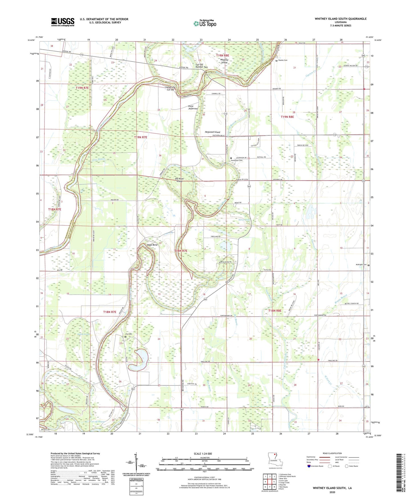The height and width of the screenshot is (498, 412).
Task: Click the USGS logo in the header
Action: [63, 22]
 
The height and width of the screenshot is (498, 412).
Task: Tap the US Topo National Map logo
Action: [205, 23]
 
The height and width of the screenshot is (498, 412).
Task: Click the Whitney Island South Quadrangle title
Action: [340, 19]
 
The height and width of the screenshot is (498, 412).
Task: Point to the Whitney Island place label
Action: [224, 61]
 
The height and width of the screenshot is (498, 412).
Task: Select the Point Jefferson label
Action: [193, 108]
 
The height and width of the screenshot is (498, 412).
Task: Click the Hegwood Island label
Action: [212, 132]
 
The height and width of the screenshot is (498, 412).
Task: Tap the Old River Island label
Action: [180, 180]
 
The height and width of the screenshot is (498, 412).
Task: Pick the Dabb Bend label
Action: [152, 245]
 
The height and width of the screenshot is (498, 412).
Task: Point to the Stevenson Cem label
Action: [237, 160]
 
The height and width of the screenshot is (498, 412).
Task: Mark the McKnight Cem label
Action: [361, 265]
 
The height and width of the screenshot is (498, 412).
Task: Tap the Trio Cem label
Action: [129, 334]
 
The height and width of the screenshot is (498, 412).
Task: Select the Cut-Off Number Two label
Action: [201, 66]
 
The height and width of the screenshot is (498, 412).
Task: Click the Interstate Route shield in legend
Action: [309, 466]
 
